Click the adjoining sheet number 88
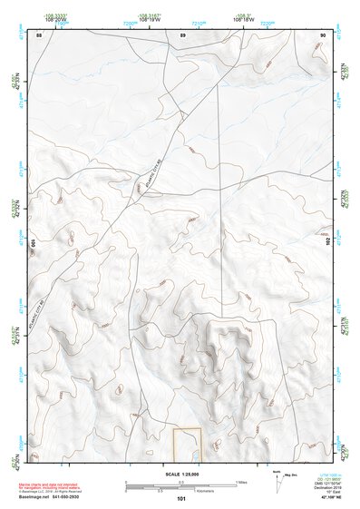coord(39,34)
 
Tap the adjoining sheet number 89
coord(182,34)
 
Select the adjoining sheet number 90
coord(323,34)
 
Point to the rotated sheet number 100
coord(34,243)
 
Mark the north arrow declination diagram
coord(300,479)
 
